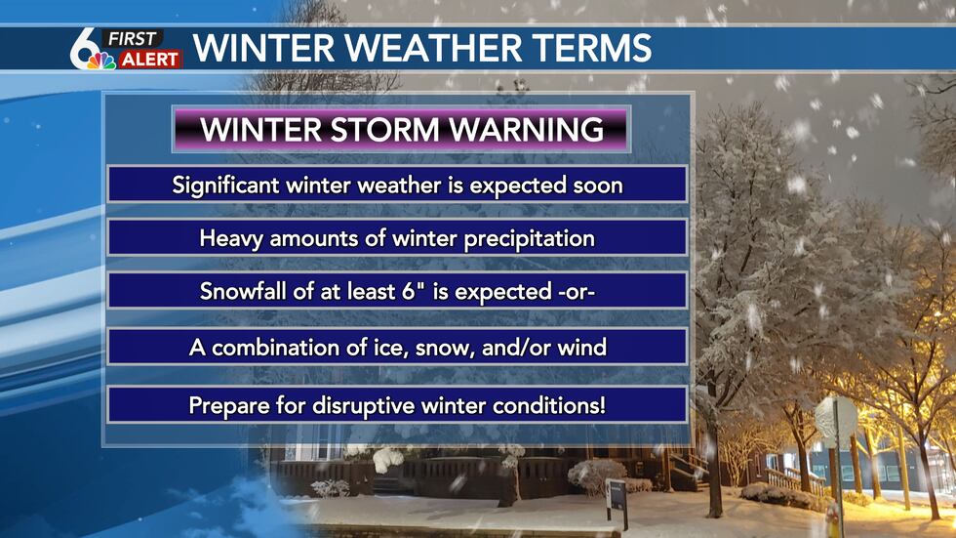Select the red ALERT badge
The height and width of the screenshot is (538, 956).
pyautogui.click(x=150, y=61)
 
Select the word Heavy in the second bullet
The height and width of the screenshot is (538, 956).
pyautogui.click(x=229, y=238)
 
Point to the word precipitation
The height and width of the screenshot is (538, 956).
pyautogui.click(x=533, y=238)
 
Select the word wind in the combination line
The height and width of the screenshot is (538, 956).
pyautogui.click(x=585, y=347)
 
